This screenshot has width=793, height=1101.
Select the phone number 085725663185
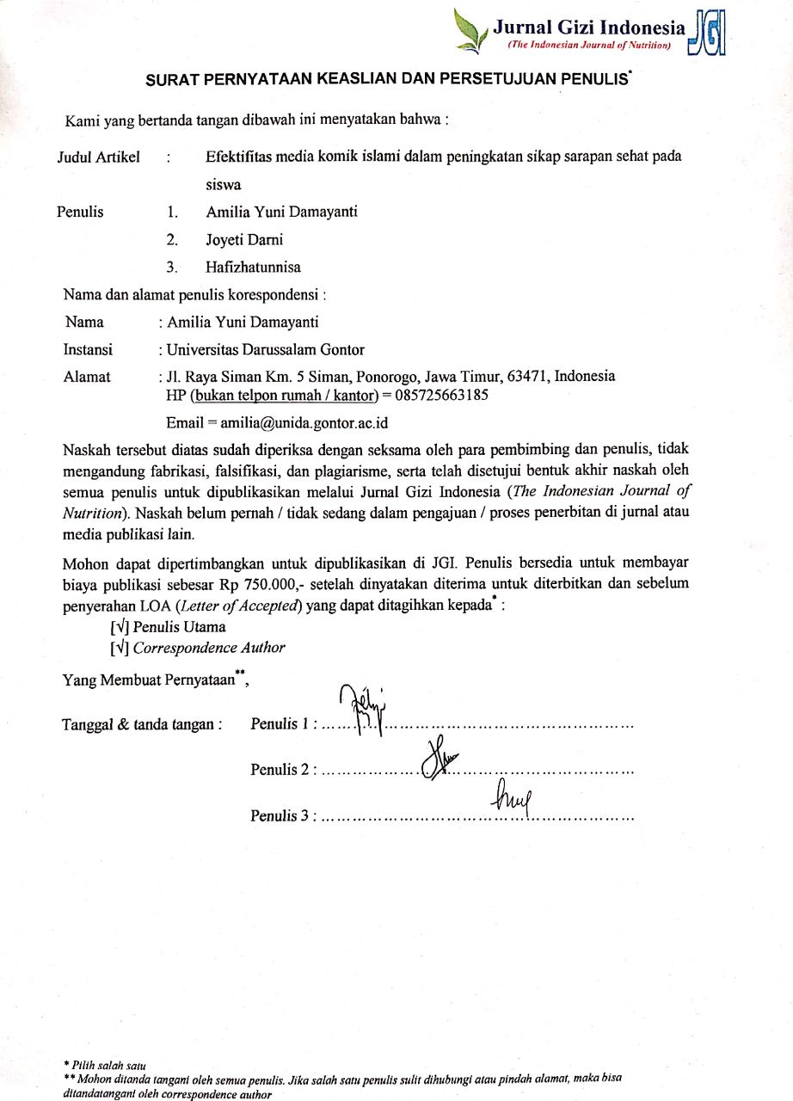pyautogui.click(x=441, y=396)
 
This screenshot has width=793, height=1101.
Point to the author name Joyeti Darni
pyautogui.click(x=244, y=240)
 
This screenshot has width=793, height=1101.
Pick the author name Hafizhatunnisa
pyautogui.click(x=253, y=268)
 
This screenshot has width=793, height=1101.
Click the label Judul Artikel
pyautogui.click(x=98, y=157)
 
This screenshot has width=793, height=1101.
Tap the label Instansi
pyautogui.click(x=88, y=350)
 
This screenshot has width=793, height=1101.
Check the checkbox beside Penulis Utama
pyautogui.click(x=119, y=627)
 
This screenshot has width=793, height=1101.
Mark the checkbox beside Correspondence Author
pyautogui.click(x=119, y=648)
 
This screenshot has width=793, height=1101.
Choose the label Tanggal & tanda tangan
pyautogui.click(x=143, y=724)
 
